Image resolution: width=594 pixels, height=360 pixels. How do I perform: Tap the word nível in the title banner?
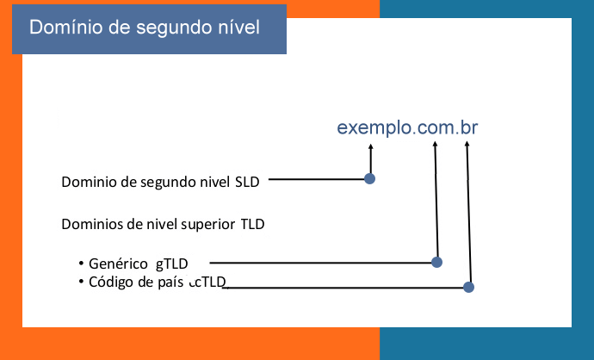pos(235,28)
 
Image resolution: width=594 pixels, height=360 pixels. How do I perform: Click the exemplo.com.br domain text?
pos(407,128)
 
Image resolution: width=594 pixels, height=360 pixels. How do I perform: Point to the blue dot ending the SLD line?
pos(370,179)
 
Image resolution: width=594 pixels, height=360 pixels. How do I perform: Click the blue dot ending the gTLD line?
pos(436,262)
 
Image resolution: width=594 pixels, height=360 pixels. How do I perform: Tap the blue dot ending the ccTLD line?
pos(469,287)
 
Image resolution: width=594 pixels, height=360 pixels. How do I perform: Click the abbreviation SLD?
pos(246,182)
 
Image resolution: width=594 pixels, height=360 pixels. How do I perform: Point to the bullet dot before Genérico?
pos(80,262)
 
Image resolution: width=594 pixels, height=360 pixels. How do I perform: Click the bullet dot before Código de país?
pos(80,281)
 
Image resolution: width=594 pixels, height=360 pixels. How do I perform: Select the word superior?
pos(208,225)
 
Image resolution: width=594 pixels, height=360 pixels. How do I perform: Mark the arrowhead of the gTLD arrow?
pos(435,144)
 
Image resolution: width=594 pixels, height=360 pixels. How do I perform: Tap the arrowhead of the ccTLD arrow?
pos(467,144)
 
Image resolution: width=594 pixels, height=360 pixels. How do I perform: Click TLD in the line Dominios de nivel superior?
pos(252,225)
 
